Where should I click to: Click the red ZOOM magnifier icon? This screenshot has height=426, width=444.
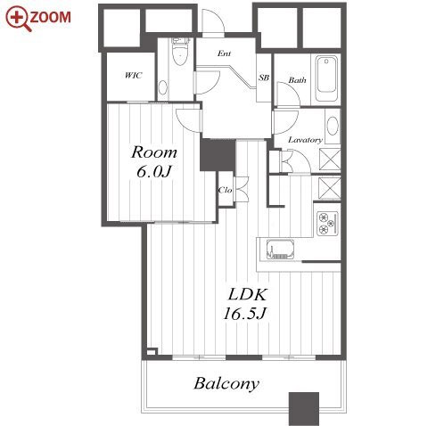click(x=19, y=19)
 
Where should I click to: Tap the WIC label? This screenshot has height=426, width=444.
click(x=133, y=76)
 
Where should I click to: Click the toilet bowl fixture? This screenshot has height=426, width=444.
click(x=180, y=52)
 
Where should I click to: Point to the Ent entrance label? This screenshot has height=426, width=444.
click(x=224, y=53)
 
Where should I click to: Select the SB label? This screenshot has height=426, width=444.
click(x=264, y=78)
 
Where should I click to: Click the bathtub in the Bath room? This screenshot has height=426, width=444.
click(x=326, y=78)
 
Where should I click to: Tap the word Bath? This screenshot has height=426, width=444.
click(x=297, y=79)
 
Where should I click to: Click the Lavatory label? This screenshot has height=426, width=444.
click(x=305, y=140)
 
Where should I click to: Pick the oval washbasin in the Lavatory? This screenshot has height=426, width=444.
click(x=333, y=127)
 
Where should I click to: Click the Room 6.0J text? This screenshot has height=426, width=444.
click(x=154, y=162)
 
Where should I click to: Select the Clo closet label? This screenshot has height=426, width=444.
click(x=225, y=190)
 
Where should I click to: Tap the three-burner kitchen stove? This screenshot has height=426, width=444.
click(x=327, y=224)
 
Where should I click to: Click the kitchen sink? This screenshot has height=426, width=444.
click(x=280, y=250)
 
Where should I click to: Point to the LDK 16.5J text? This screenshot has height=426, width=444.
click(x=245, y=304)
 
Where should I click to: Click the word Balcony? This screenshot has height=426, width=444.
click(x=226, y=384)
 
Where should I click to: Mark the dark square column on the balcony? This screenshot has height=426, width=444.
click(x=304, y=409)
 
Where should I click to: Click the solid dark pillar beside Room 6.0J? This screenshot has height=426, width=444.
click(x=218, y=155)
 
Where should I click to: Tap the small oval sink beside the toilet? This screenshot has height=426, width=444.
click(x=162, y=87)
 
